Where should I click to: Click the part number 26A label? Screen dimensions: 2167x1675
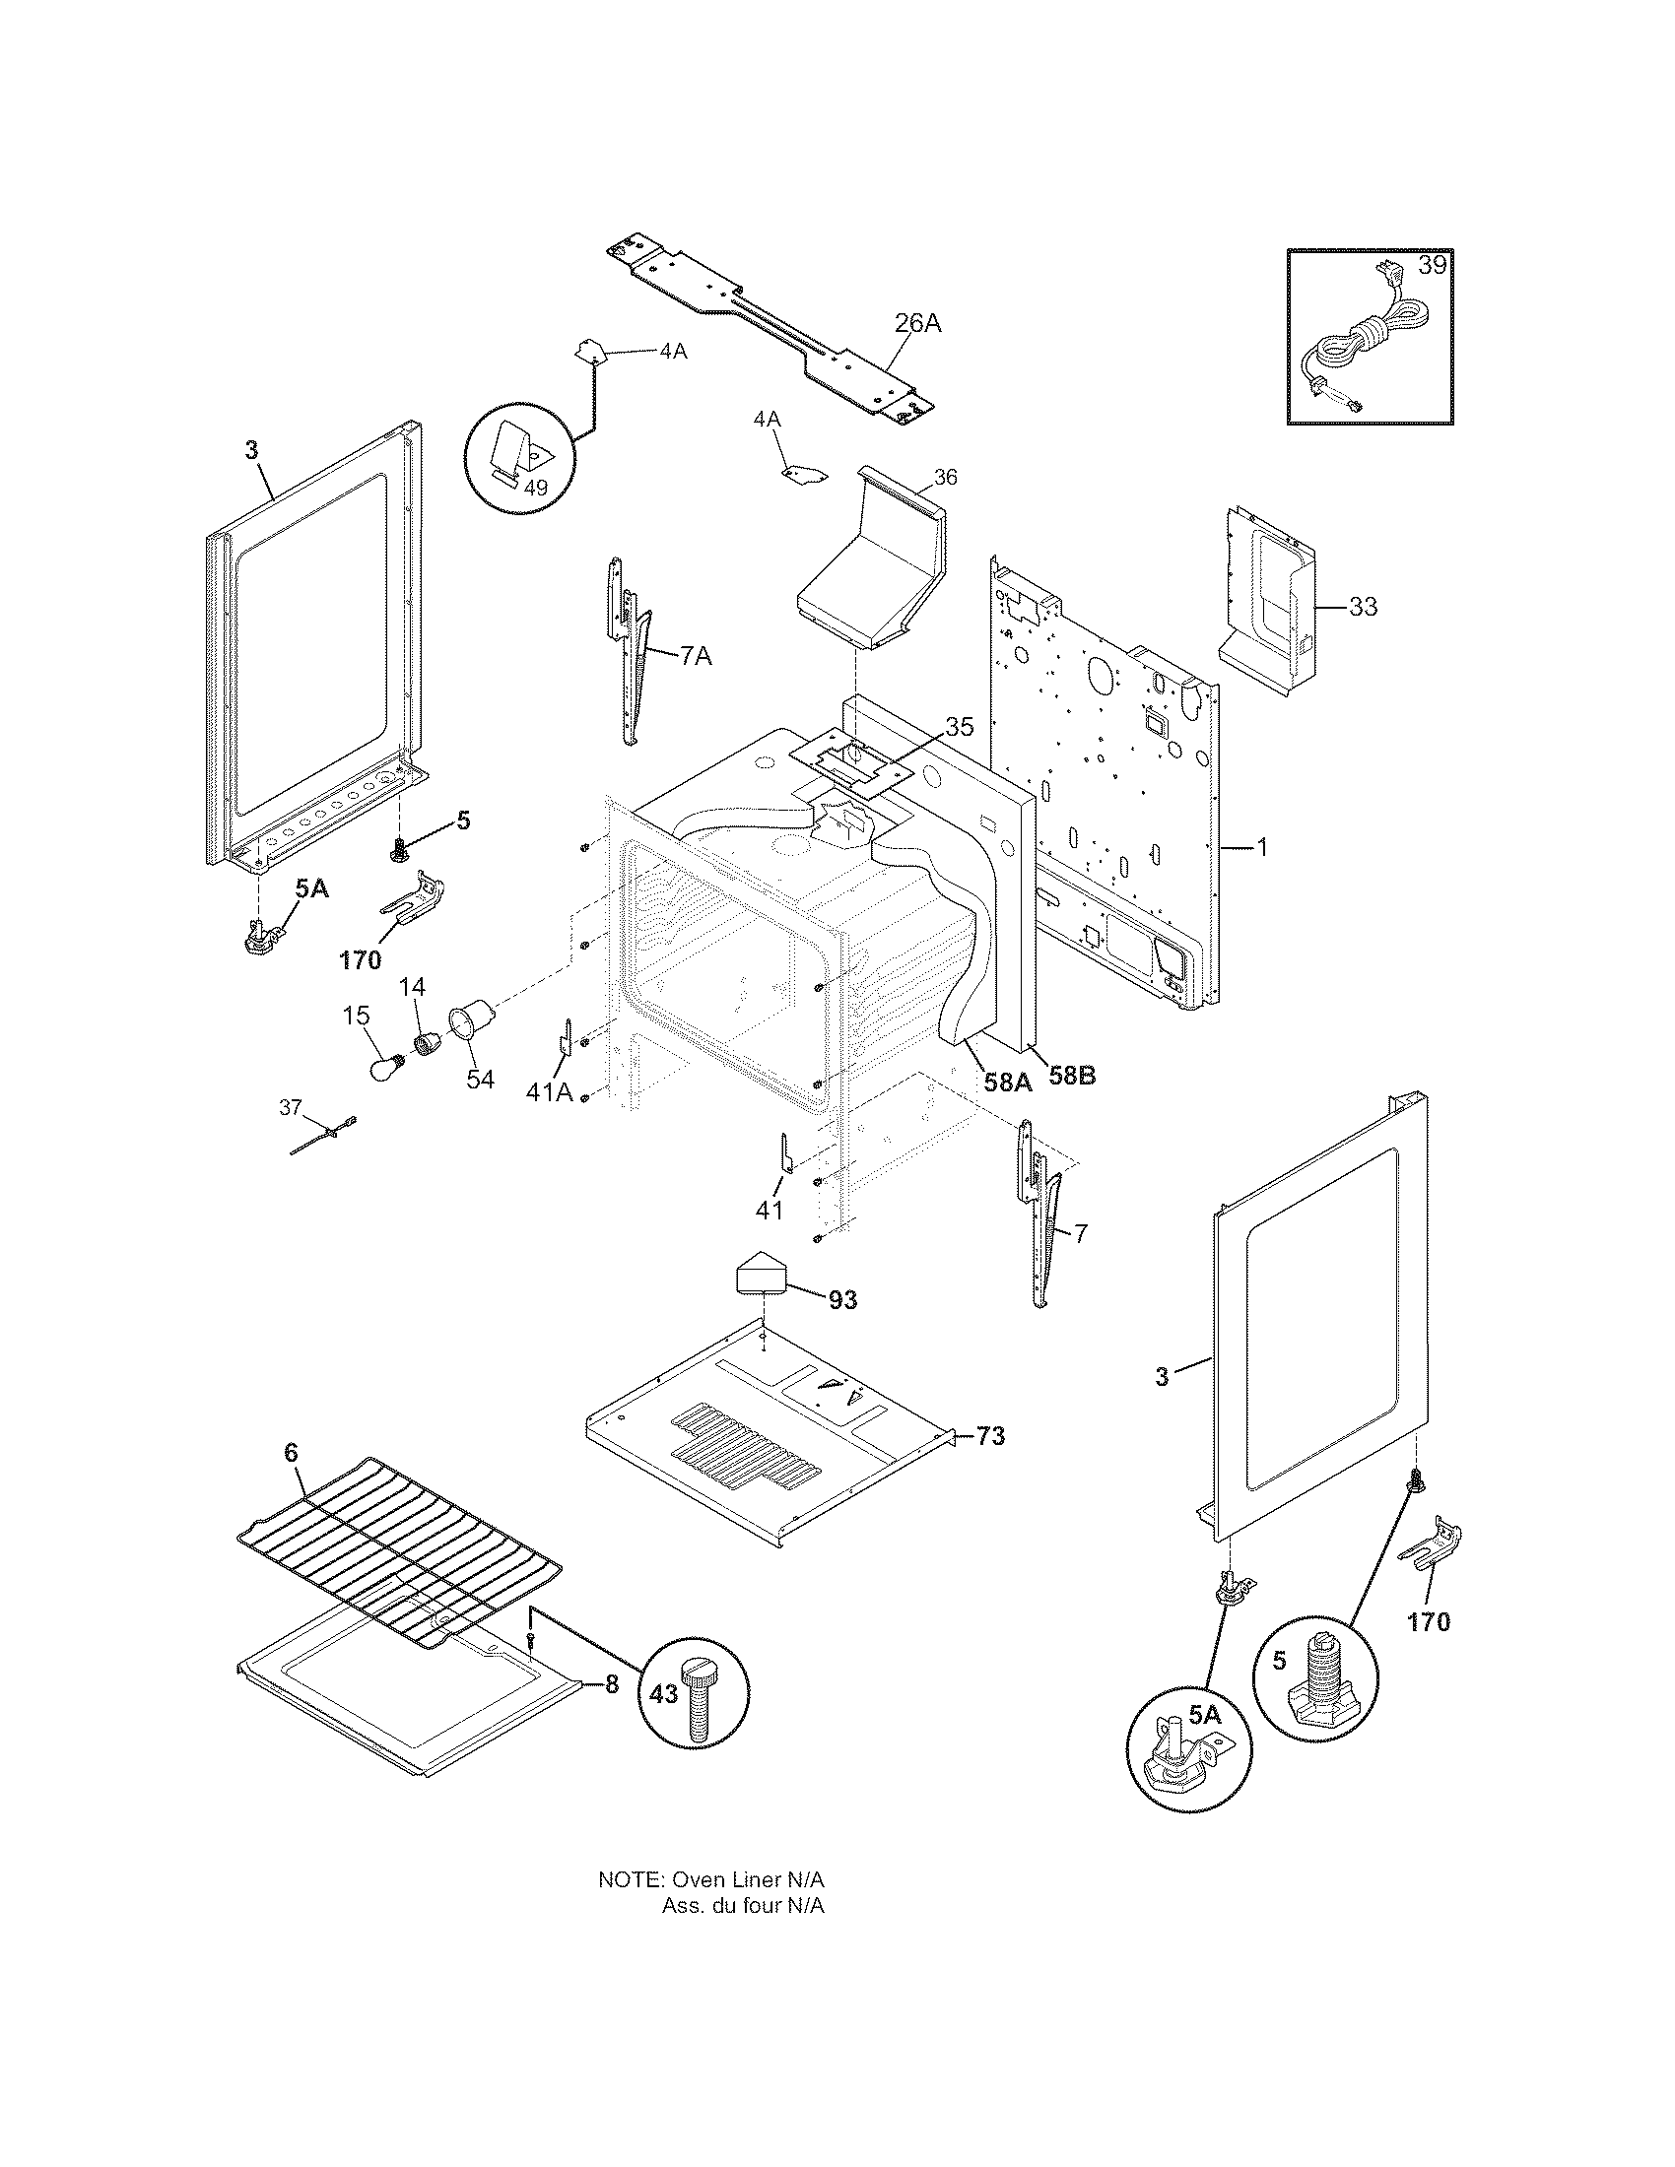[x=917, y=323]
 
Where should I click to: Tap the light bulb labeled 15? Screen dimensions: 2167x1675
[x=383, y=1069]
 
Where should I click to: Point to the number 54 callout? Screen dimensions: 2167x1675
[x=480, y=1079]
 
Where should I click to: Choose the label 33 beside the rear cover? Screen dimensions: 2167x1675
[x=1364, y=605]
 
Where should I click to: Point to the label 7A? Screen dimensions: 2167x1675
[x=696, y=656]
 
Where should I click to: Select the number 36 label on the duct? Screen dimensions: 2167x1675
[x=946, y=478]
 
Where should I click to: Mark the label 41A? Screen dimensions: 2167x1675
[x=550, y=1092]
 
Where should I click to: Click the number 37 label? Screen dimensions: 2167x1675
[x=289, y=1108]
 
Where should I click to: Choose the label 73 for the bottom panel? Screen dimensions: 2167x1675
[x=990, y=1436]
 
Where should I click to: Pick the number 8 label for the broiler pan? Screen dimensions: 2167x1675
[x=611, y=1684]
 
